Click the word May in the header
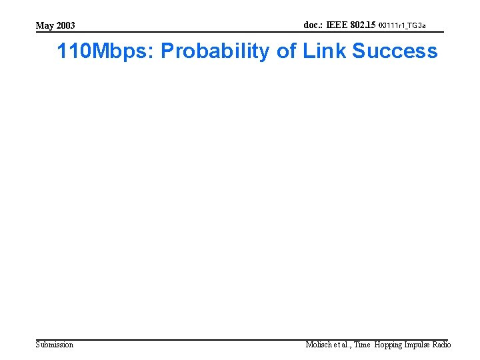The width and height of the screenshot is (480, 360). [45, 26]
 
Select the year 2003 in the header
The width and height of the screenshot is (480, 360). [65, 26]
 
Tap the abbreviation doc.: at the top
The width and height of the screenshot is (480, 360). [314, 25]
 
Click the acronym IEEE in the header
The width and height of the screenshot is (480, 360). [337, 25]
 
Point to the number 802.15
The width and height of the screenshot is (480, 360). [363, 25]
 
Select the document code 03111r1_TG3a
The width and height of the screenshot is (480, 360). [402, 26]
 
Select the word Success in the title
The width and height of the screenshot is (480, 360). [395, 51]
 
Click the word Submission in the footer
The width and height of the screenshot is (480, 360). [55, 345]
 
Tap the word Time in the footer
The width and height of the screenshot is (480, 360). [362, 345]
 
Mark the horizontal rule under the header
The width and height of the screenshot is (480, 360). [240, 33]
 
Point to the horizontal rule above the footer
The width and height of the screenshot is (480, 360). [240, 339]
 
